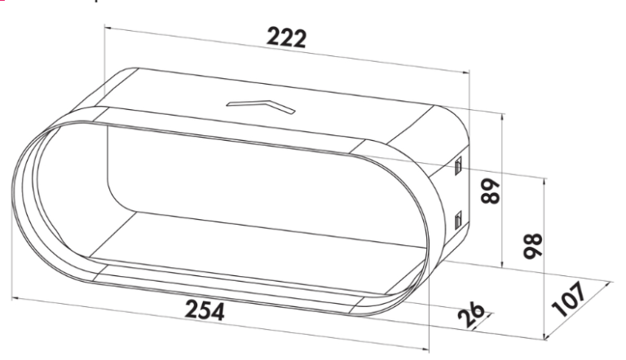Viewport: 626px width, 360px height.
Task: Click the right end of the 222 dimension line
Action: (x=470, y=73)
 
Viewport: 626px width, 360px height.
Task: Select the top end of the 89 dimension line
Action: (x=504, y=113)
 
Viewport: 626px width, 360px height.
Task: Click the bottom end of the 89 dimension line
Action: (x=504, y=267)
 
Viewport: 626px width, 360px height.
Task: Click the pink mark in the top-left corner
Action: (x=2, y=2)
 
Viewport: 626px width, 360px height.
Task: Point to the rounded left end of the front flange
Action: (x=20, y=187)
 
